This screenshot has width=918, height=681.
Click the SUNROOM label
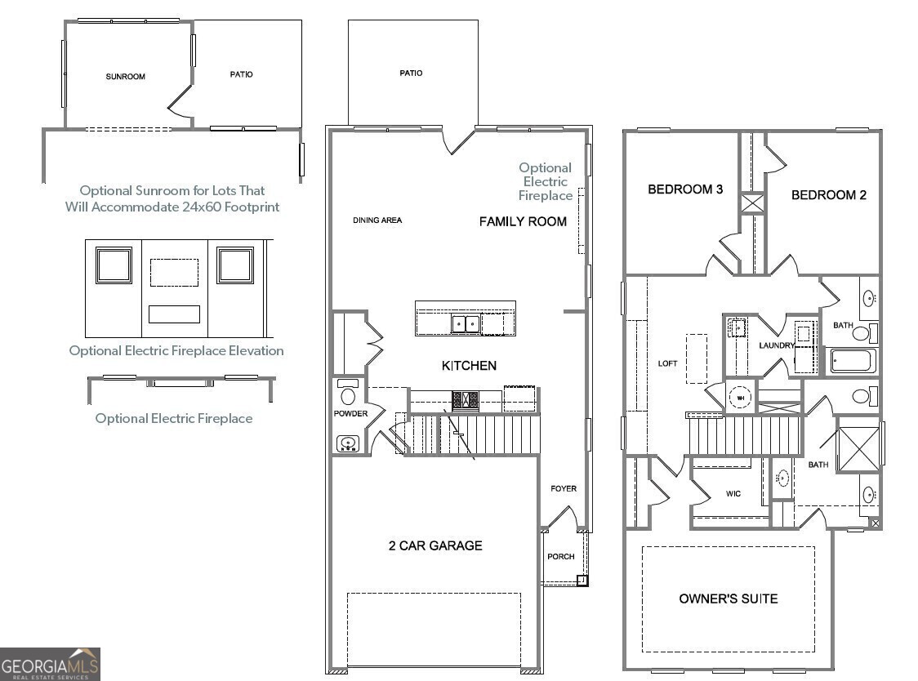[x=125, y=77]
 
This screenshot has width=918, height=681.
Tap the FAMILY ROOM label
[x=523, y=222]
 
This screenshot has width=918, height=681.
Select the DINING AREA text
[x=377, y=220]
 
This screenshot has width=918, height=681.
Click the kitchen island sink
[x=466, y=323]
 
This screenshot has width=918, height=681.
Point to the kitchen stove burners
[x=465, y=400]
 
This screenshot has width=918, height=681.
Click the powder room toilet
[x=348, y=392]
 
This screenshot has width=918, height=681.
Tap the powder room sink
[x=348, y=443]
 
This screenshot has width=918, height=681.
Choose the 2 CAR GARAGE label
[x=435, y=545]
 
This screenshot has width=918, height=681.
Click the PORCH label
[x=561, y=556]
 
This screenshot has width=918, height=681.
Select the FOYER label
[x=564, y=488]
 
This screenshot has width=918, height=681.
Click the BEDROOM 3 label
[x=685, y=189]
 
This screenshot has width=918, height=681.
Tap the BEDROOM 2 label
[x=828, y=195]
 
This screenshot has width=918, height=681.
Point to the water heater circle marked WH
[x=741, y=398]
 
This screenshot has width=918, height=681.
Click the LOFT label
[x=667, y=363]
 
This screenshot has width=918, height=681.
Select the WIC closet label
[x=733, y=494]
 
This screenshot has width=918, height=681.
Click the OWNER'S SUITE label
[x=729, y=599]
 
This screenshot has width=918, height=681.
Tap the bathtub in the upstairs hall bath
[x=853, y=361]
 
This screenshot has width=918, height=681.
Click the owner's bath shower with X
[x=859, y=449]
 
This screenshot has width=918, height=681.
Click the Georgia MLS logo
[x=51, y=664]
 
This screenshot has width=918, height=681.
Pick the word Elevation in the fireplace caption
[x=256, y=351]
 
